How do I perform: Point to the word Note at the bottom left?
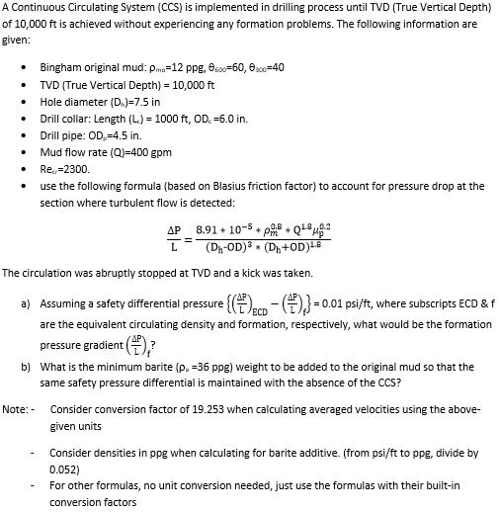15,408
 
